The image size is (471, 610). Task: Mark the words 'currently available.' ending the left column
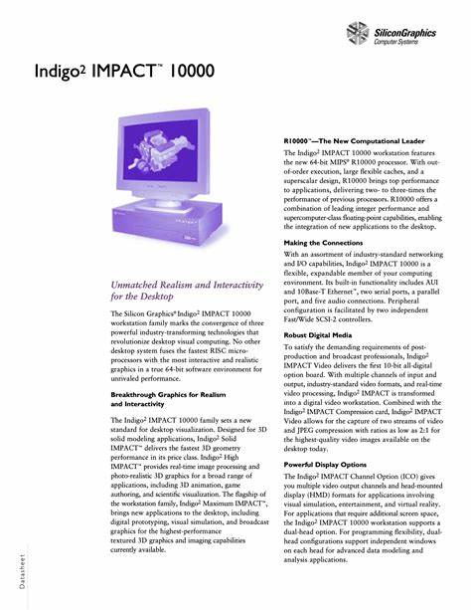[138, 548]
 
